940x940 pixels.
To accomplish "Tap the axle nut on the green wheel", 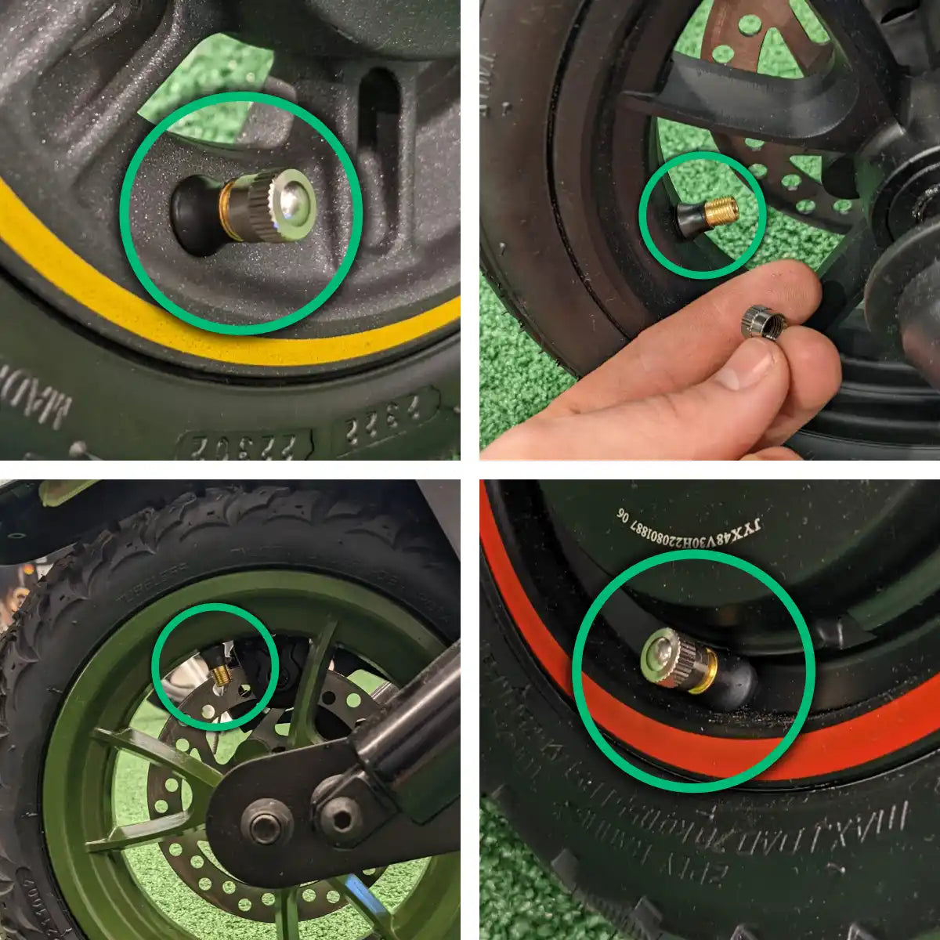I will click(267, 827).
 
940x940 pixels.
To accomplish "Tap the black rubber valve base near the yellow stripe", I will click(194, 215).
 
